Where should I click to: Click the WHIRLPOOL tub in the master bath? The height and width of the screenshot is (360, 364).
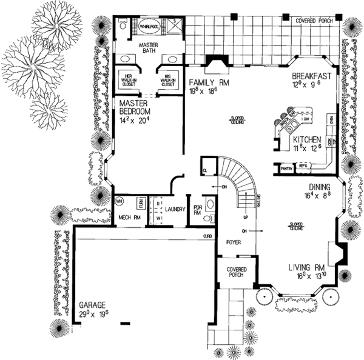(x=149, y=27)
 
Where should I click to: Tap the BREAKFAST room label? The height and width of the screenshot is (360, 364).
(x=311, y=76)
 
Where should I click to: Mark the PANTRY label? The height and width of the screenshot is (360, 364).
(x=287, y=166)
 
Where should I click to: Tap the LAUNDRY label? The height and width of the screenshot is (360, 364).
(x=174, y=208)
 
